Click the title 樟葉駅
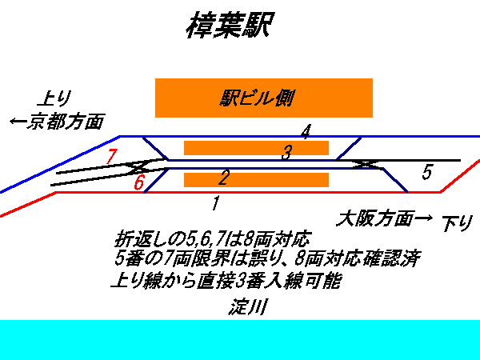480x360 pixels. [x=230, y=26]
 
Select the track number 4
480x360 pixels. [x=306, y=131]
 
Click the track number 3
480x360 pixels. [x=286, y=153]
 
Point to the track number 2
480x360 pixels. [x=224, y=177]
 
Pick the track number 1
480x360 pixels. [x=214, y=202]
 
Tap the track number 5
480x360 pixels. [x=427, y=172]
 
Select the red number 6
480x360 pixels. [x=138, y=182]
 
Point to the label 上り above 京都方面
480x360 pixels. [x=54, y=99]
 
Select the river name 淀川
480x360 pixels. [x=247, y=306]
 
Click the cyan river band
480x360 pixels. [x=240, y=339]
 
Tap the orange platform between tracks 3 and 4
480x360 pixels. [x=256, y=147]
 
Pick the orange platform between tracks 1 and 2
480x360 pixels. [x=256, y=179]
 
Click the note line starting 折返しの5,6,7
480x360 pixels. [x=211, y=239]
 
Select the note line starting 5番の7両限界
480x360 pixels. [x=268, y=259]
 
